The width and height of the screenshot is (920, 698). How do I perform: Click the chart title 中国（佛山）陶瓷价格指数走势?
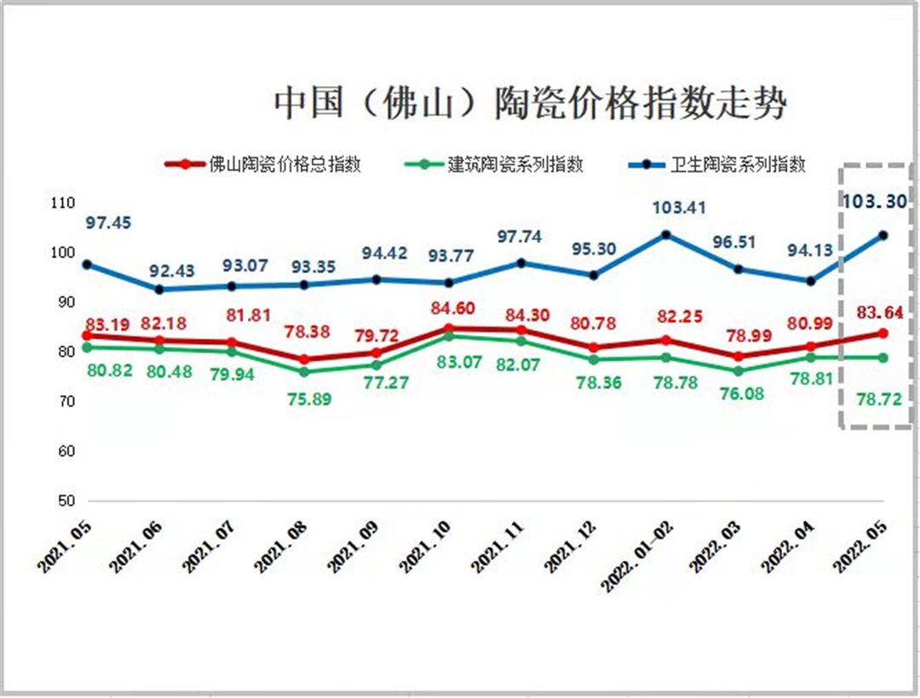(x=530, y=104)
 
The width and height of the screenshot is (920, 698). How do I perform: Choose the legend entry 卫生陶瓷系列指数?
(x=737, y=164)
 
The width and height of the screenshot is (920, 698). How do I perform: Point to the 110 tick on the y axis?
(x=63, y=203)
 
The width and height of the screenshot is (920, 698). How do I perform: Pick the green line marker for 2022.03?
(x=738, y=371)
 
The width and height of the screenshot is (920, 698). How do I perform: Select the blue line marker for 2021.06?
(x=159, y=289)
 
